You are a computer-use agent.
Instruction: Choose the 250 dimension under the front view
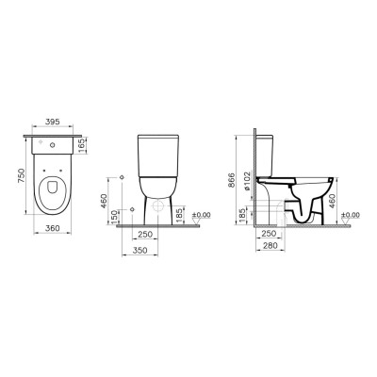tap(146, 235)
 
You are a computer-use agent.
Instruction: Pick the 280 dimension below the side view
tap(270, 246)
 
